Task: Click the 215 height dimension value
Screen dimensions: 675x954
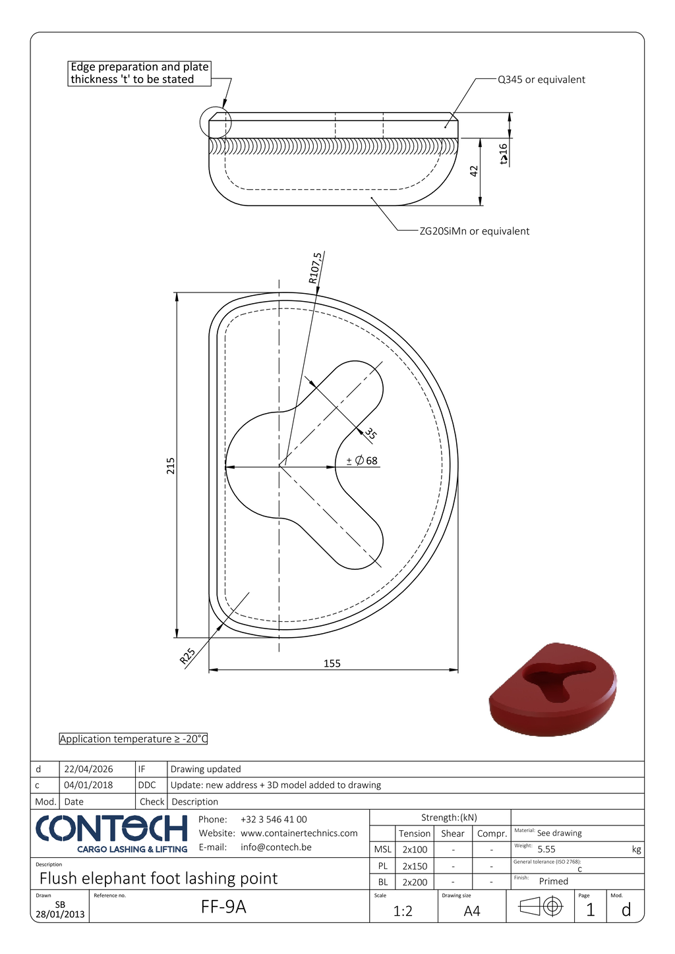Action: click(171, 466)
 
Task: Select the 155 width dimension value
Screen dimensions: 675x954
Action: click(332, 663)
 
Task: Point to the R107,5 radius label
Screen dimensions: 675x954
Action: click(315, 268)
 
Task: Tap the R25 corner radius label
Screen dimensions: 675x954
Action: click(187, 656)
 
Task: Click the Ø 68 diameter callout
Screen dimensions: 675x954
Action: click(362, 461)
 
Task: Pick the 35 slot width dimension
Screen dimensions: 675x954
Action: click(370, 434)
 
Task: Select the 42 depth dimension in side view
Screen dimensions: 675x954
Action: click(474, 171)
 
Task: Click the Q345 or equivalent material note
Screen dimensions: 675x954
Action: click(541, 80)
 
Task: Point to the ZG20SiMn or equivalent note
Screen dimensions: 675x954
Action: click(475, 231)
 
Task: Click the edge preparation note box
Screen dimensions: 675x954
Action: click(139, 73)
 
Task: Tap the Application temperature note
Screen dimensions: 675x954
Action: click(133, 739)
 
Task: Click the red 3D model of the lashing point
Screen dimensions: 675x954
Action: click(552, 690)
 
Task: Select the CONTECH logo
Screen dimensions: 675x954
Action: click(111, 834)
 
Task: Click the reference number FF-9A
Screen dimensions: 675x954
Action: click(223, 907)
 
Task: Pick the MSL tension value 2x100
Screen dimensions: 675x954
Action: click(415, 850)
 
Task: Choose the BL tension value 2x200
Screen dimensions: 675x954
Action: click(415, 882)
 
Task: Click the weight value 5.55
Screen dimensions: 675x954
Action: click(546, 849)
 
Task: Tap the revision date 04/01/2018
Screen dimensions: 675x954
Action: click(88, 785)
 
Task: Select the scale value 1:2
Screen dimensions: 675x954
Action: click(403, 911)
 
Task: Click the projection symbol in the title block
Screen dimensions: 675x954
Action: click(541, 907)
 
